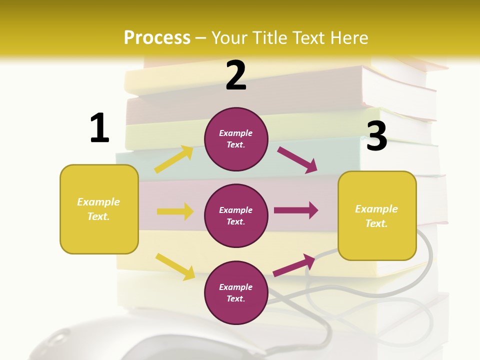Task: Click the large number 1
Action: tap(99, 128)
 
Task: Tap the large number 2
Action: tap(236, 75)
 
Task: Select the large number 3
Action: tap(377, 136)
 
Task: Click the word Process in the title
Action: tap(157, 37)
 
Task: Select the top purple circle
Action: tap(236, 139)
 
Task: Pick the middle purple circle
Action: tap(236, 215)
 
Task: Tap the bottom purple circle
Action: tap(236, 292)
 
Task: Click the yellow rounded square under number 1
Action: tap(99, 209)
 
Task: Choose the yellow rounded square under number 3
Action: tap(377, 215)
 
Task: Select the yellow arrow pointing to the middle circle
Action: tap(175, 211)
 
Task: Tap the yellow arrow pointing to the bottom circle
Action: tap(175, 266)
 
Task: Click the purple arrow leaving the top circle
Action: tap(297, 160)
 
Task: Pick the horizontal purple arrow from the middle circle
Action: tap(296, 210)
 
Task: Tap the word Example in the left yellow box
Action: tap(98, 202)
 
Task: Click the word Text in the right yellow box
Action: tap(375, 223)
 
